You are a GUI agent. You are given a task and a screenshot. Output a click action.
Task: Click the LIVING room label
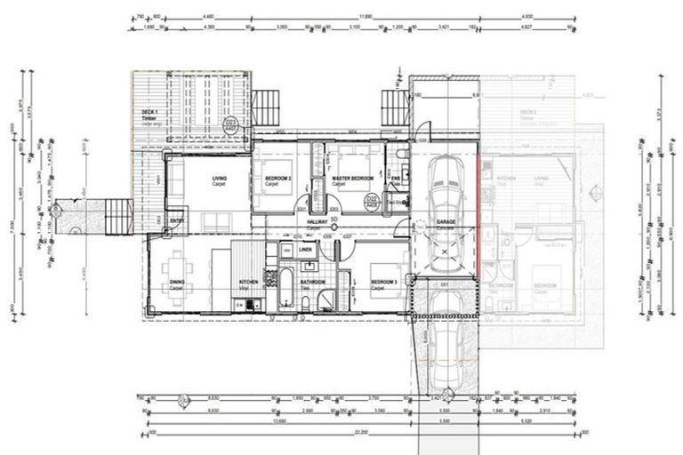click(x=219, y=179)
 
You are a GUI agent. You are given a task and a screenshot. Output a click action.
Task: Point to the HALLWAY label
click(x=317, y=221)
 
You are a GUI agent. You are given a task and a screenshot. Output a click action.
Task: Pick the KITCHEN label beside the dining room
click(x=248, y=283)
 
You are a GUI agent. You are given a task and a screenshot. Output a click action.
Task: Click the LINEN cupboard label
click(x=306, y=251)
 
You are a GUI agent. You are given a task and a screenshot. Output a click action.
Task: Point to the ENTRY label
click(x=177, y=220)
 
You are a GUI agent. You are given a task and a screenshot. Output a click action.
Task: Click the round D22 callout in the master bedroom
click(x=372, y=203)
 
